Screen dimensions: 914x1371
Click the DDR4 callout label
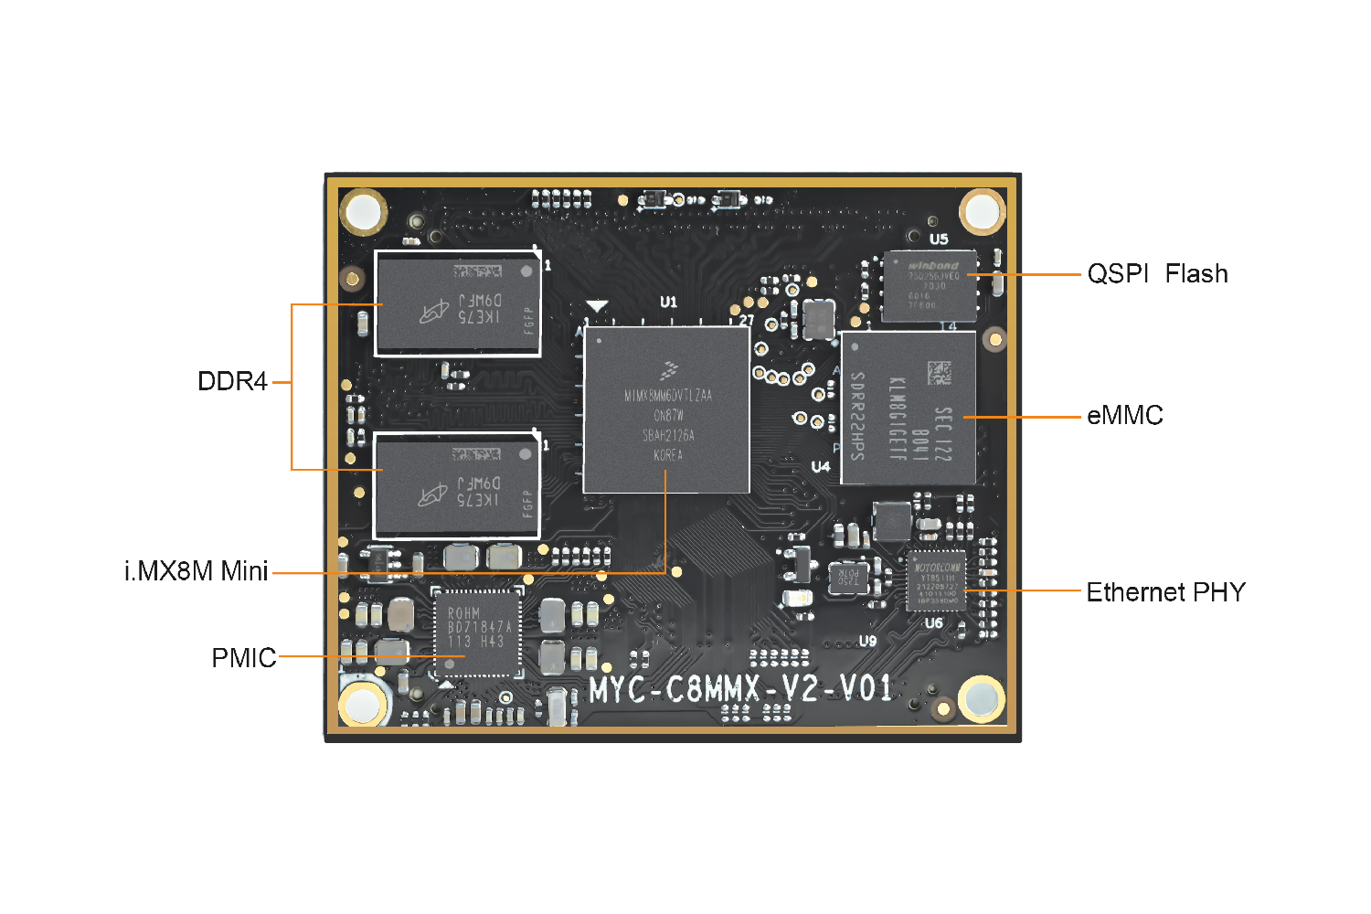pos(232,381)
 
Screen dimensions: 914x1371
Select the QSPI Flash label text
pos(1157,273)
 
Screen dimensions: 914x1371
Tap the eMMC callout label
pos(1124,416)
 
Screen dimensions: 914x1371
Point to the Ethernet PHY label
pos(1165,592)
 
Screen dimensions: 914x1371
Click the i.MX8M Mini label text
pos(197,571)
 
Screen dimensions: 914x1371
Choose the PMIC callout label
pos(243,658)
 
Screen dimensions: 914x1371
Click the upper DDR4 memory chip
pos(457,303)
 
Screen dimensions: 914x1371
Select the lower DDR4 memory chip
pos(457,485)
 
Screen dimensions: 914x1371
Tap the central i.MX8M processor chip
pos(667,409)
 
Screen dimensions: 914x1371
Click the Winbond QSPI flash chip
pos(930,286)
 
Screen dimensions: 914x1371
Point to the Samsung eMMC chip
pos(908,408)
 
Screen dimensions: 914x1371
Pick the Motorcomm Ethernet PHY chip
pos(936,580)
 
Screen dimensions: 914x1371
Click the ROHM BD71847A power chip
pos(476,632)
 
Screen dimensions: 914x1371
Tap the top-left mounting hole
pos(363,212)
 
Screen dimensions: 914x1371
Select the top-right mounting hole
pos(983,211)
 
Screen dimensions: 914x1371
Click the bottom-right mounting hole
pos(982,699)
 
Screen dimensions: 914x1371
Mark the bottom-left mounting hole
pos(362,705)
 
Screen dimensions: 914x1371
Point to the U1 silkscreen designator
pos(669,302)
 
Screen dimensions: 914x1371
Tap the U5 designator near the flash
pos(939,239)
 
